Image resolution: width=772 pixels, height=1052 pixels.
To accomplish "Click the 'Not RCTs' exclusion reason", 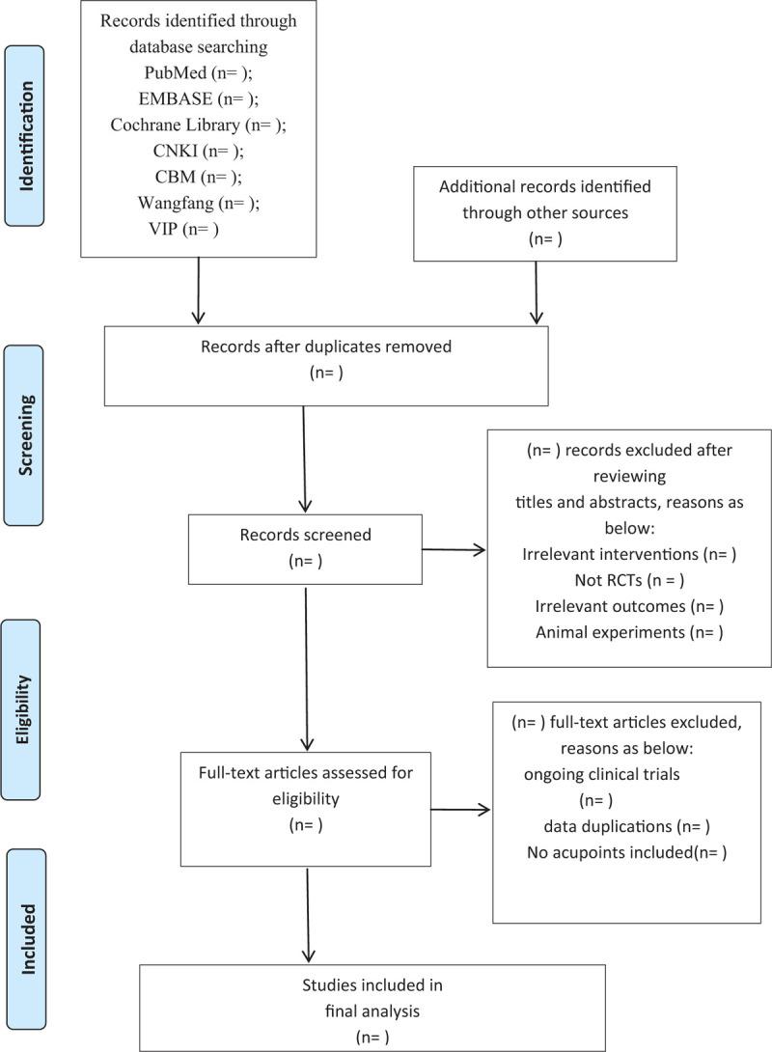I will (628, 579).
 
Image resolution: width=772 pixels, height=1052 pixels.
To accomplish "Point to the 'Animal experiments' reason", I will (628, 631).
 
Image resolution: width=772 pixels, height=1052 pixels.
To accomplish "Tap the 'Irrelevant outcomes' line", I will (628, 605).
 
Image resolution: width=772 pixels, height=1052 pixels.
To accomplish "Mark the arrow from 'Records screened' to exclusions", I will (454, 550).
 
